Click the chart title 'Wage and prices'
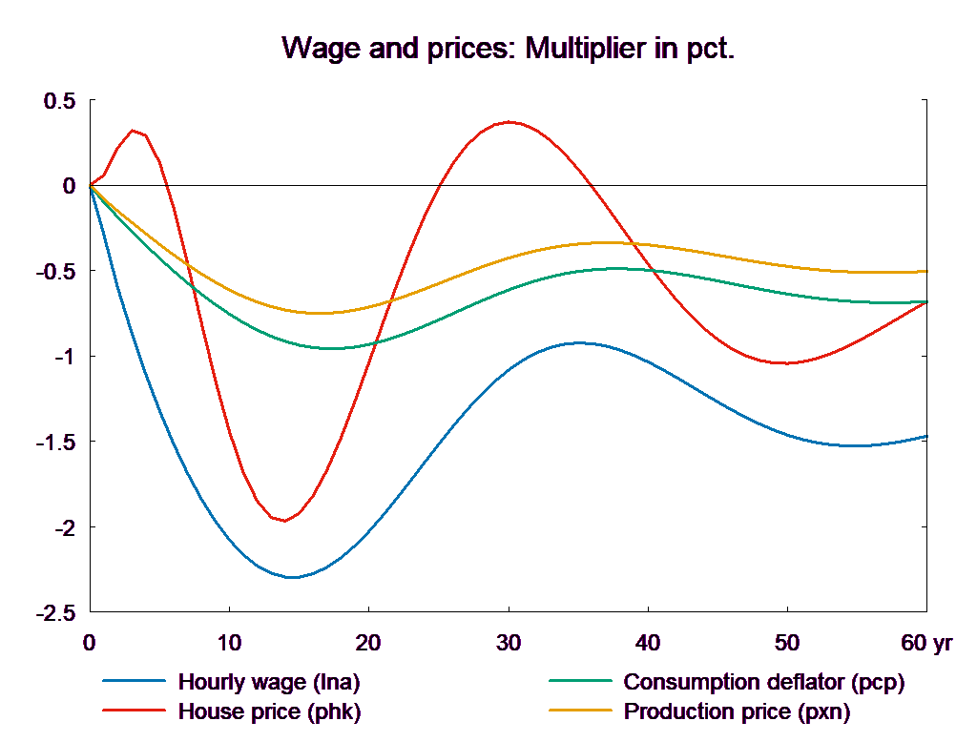[509, 49]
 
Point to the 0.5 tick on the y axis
[58, 101]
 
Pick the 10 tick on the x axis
[229, 643]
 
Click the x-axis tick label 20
[368, 643]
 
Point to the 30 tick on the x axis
[509, 643]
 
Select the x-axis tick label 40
[648, 643]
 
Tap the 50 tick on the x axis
[787, 643]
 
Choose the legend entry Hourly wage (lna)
[269, 682]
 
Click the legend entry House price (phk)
[269, 711]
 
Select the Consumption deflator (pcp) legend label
[763, 682]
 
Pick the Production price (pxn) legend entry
[737, 711]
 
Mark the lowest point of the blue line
[292, 577]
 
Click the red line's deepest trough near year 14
[284, 521]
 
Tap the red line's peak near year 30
[509, 122]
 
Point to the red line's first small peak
[134, 131]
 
